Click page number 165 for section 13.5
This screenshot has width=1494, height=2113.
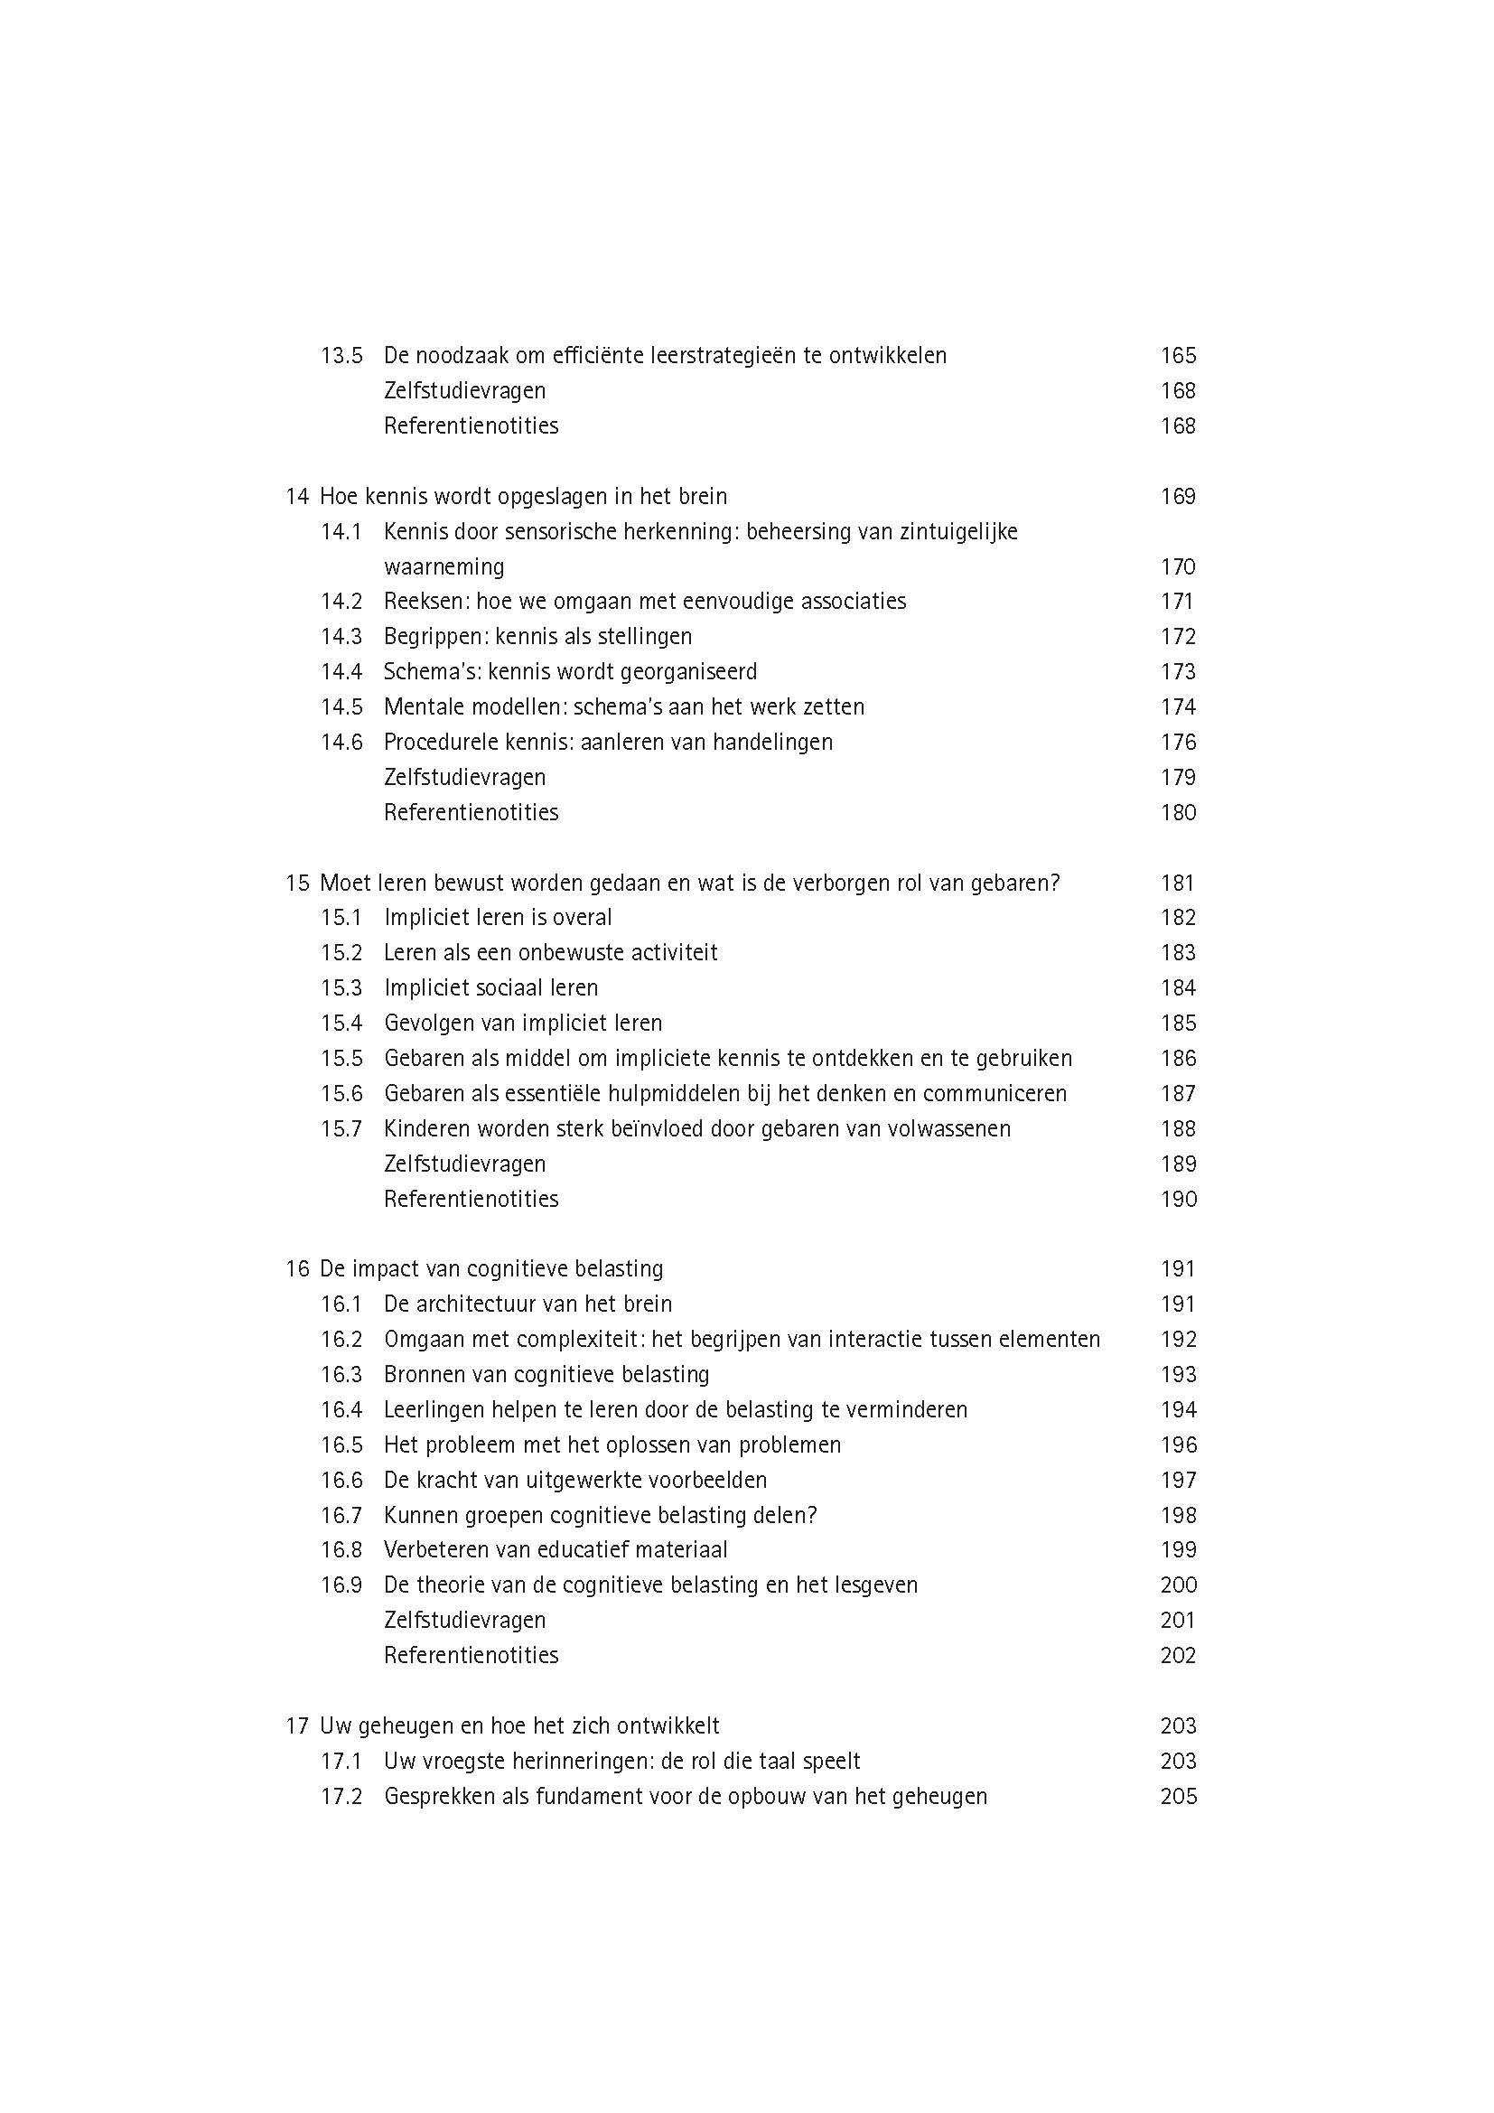1178,355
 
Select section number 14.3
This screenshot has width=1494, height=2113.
341,637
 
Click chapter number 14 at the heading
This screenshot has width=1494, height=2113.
296,497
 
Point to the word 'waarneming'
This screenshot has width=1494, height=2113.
444,567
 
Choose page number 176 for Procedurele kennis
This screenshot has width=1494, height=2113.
1178,742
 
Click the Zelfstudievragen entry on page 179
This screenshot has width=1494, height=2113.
464,778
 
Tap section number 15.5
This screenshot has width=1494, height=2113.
341,1059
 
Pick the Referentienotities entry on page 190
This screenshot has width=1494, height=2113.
471,1199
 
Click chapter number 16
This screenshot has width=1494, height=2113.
296,1269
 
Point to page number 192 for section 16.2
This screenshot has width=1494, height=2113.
1178,1340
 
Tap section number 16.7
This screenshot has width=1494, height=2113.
341,1515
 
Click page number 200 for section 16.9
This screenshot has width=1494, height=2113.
1178,1585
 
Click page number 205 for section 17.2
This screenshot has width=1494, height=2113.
1178,1797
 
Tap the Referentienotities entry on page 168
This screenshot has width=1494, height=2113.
471,426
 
